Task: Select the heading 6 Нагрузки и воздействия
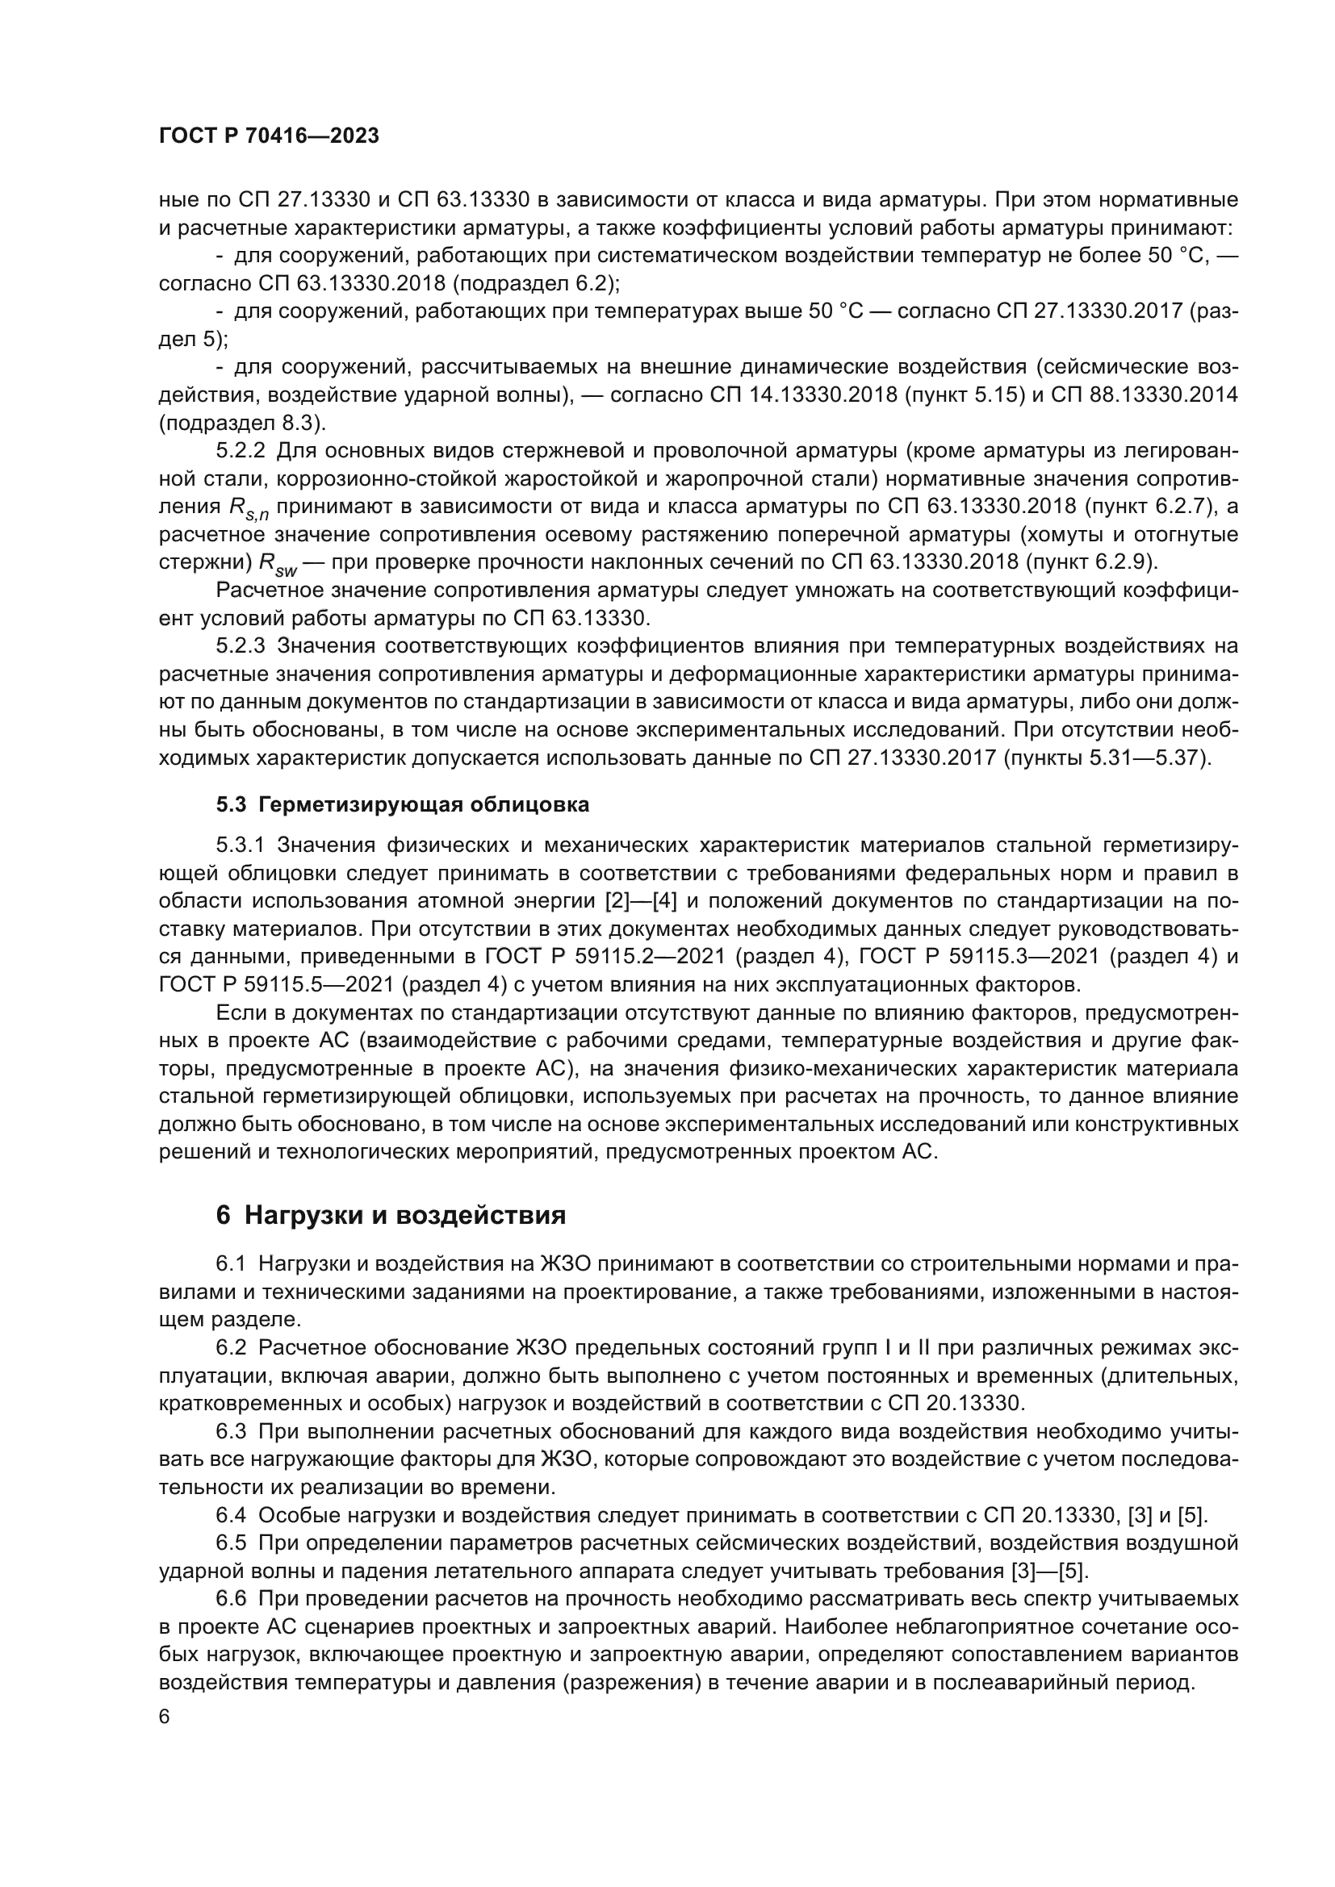coord(391,1215)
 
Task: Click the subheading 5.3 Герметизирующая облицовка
coord(403,804)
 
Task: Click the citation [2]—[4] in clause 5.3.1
coord(640,901)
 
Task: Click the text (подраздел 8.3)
coord(241,424)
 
